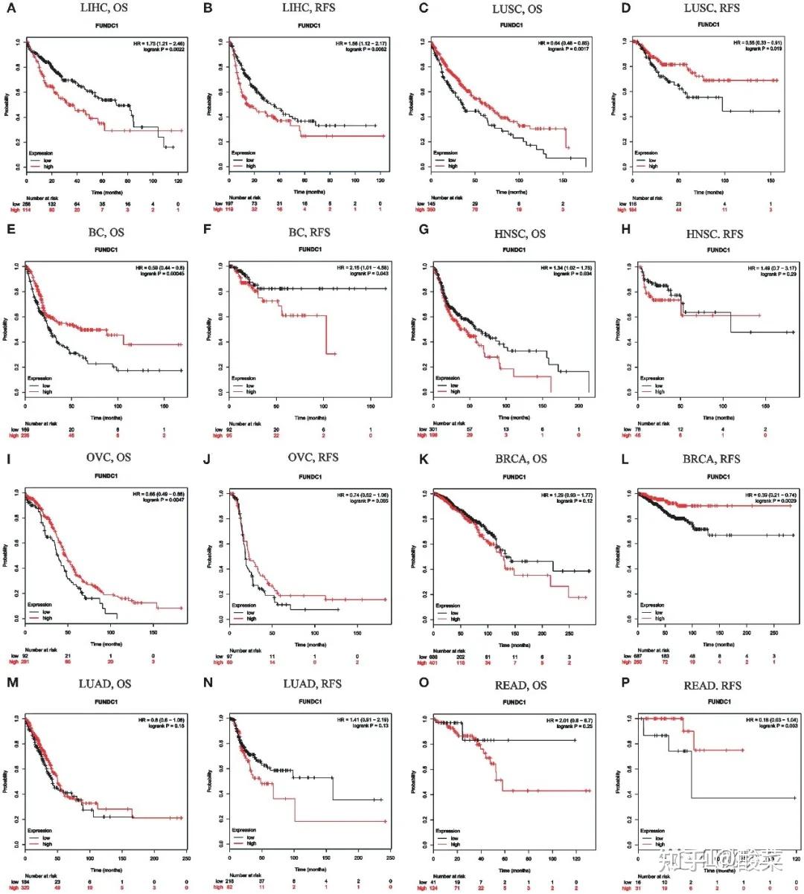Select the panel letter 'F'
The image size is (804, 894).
[208, 231]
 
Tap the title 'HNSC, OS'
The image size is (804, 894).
[520, 234]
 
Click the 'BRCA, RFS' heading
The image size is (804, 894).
[711, 459]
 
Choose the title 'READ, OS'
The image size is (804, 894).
[520, 685]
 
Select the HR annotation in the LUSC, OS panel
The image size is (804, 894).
[564, 44]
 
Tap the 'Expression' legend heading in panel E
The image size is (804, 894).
[40, 379]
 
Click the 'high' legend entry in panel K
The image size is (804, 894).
[455, 619]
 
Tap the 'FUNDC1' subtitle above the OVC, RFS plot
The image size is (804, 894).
[311, 477]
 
